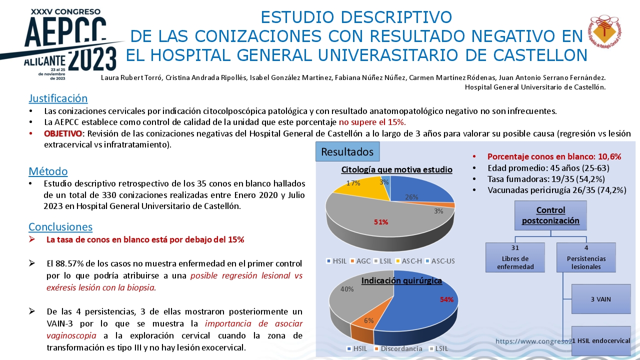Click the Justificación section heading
[x=58, y=98]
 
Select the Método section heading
[x=48, y=171]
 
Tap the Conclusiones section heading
[x=60, y=226]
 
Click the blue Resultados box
[x=347, y=151]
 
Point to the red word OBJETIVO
[x=63, y=133]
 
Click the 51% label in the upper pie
[x=381, y=222]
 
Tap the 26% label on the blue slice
[x=411, y=197]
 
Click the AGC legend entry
[x=360, y=261]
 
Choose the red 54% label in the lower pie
[x=446, y=299]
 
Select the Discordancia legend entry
[x=398, y=348]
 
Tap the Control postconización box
[x=550, y=215]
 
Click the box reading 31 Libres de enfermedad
[x=515, y=257]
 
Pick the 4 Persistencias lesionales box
[x=586, y=257]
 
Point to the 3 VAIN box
[x=601, y=299]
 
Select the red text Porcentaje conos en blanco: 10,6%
[x=554, y=156]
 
